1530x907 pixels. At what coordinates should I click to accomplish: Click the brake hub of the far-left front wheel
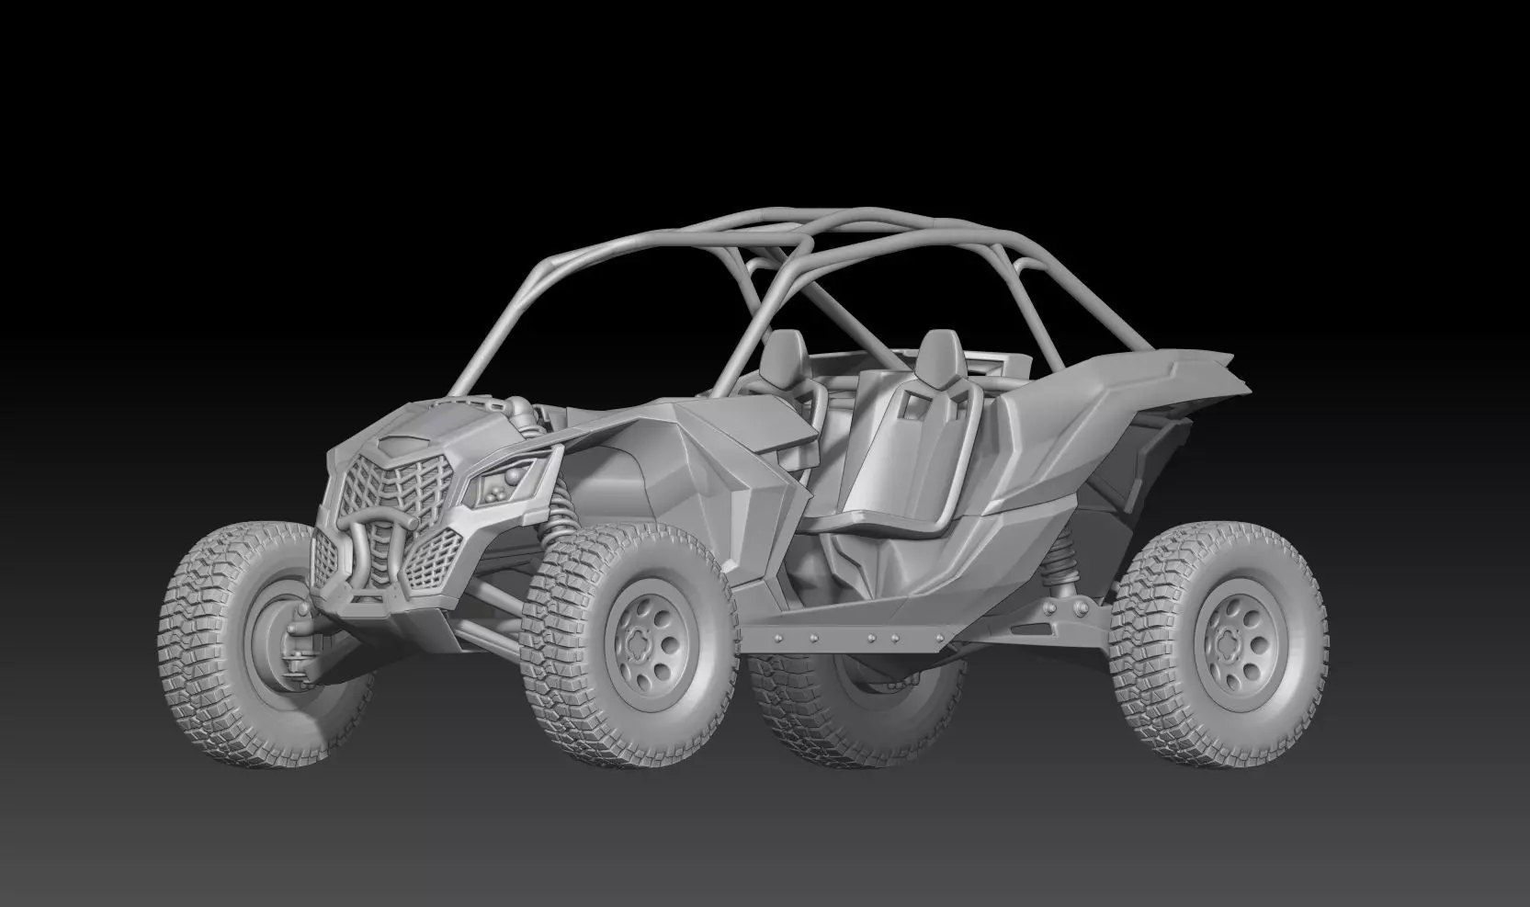coord(266,630)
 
